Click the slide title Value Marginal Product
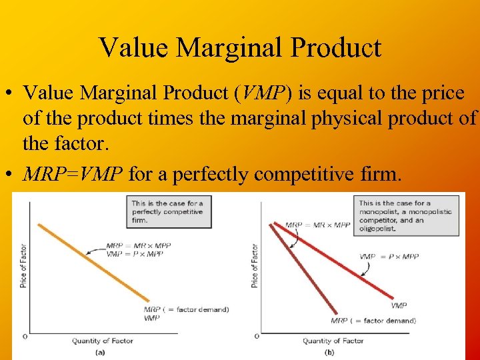(x=240, y=47)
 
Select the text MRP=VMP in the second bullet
(x=73, y=175)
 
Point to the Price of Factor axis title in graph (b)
(x=255, y=267)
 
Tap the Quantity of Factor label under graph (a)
(x=103, y=341)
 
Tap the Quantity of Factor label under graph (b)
(x=333, y=341)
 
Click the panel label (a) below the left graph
(x=100, y=351)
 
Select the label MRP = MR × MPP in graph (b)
(x=317, y=225)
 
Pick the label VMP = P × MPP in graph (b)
(x=389, y=257)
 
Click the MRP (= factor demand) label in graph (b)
(x=373, y=321)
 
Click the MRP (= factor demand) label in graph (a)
(x=186, y=309)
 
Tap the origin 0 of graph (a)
(x=25, y=336)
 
